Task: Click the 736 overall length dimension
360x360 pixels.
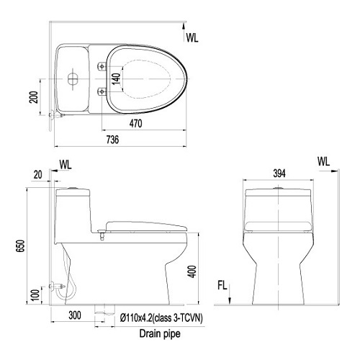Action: tap(112, 140)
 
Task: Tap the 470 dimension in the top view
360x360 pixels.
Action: tap(135, 124)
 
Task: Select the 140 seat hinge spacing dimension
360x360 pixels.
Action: tap(116, 79)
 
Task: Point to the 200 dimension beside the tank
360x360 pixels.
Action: tap(34, 97)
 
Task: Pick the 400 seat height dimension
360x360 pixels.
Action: tap(192, 271)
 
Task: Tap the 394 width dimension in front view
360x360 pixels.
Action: tap(279, 174)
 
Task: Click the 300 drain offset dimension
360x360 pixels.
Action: tap(75, 315)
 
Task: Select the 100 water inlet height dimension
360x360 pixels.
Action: tap(35, 295)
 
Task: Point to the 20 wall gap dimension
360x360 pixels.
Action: tap(37, 175)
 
